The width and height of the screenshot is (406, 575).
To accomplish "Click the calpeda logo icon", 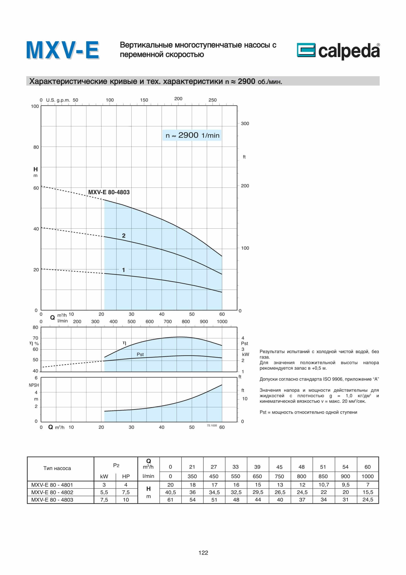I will (306, 50).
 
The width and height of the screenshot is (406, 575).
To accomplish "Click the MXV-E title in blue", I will (63, 50).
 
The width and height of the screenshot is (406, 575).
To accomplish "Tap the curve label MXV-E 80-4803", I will (109, 192).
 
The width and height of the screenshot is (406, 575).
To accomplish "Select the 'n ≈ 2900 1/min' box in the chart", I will (192, 135).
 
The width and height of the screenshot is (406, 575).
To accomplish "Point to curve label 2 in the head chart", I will (124, 236).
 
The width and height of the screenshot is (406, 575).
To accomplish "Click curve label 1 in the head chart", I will (123, 270).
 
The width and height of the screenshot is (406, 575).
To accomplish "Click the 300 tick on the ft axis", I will (245, 123).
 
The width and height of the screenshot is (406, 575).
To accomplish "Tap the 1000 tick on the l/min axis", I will (222, 322).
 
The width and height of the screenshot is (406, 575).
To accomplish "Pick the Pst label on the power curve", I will (140, 354).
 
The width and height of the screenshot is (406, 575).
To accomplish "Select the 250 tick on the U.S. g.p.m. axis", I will (212, 100).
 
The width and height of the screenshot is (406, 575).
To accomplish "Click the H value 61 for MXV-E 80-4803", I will (170, 500).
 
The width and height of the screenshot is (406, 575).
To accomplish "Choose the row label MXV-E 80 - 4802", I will (52, 492).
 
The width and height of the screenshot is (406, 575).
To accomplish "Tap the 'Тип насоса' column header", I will (57, 468).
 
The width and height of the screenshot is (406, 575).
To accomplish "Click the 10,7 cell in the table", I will (323, 485).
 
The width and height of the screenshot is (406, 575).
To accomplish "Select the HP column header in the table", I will (126, 476).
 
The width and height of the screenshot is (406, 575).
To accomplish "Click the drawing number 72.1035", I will (212, 426).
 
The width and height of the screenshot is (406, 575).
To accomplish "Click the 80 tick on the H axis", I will (36, 147).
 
